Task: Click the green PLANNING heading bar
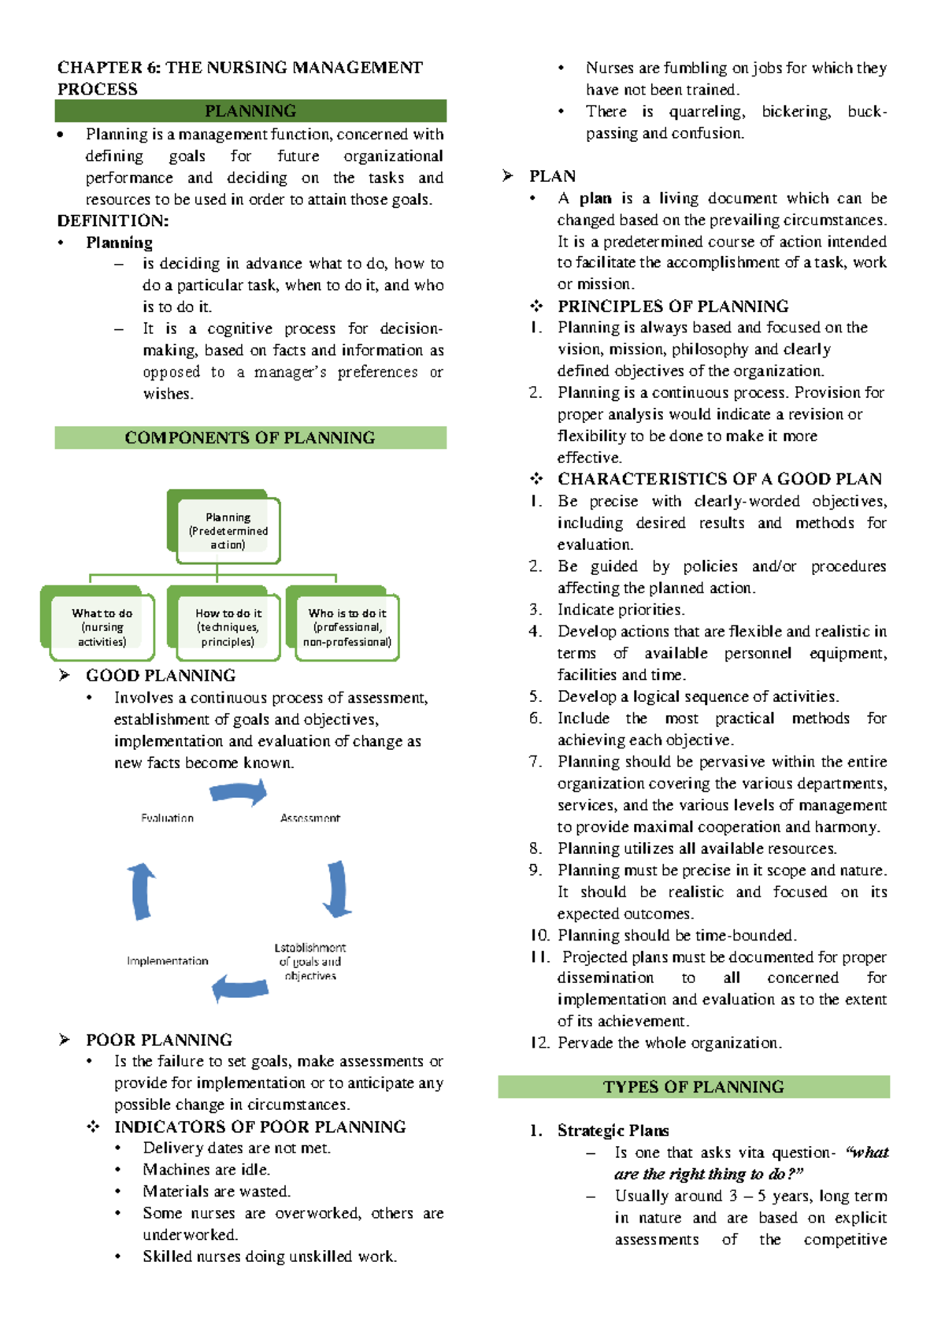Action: (x=250, y=111)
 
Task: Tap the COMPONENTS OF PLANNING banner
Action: (x=250, y=438)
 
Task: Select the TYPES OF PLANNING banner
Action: (x=694, y=1087)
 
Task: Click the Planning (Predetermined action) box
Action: (x=228, y=531)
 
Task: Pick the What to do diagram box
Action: (x=102, y=627)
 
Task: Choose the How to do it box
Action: (x=228, y=627)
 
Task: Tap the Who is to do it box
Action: (x=346, y=627)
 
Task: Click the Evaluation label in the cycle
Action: (x=167, y=818)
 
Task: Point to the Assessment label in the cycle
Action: (x=310, y=818)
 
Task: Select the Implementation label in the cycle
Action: (x=168, y=961)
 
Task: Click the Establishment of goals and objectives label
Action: (x=310, y=962)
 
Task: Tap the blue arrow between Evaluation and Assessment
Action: (x=239, y=793)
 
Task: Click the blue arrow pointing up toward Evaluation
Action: (x=142, y=891)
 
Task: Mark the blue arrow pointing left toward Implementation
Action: (x=240, y=988)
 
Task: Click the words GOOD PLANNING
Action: (x=161, y=676)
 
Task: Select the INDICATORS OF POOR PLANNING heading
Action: (x=260, y=1127)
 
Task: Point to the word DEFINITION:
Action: (x=113, y=221)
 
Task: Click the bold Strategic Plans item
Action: (x=613, y=1131)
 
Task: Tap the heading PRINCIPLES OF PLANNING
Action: (x=673, y=306)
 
